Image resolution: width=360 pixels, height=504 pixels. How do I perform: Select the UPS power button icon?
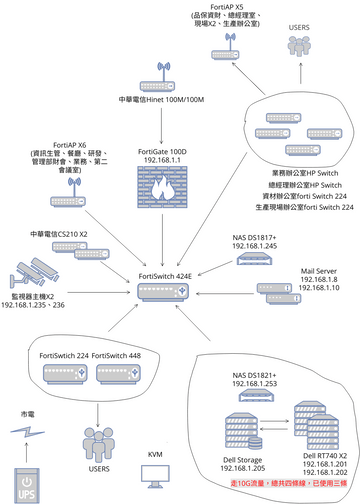click(x=27, y=482)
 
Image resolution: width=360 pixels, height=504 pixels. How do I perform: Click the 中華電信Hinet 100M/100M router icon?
click(x=160, y=75)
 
